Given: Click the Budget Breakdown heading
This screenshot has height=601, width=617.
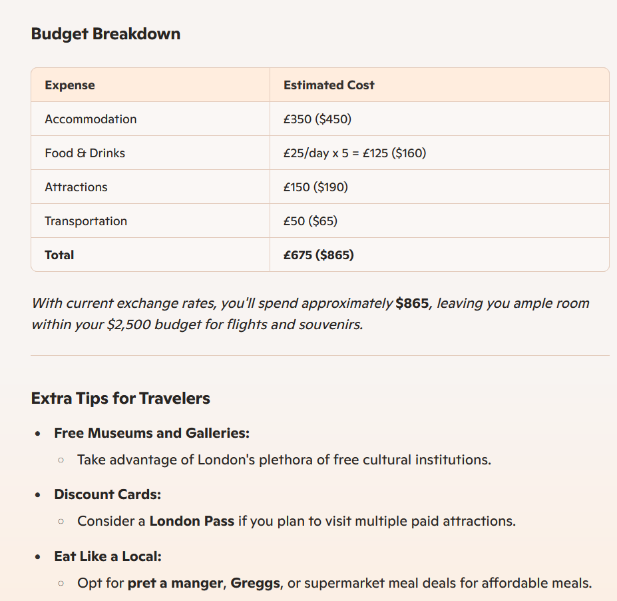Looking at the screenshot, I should click(106, 34).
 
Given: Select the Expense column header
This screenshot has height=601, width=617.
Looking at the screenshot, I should click(70, 85).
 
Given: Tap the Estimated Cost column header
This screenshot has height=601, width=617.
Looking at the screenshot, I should click(329, 85).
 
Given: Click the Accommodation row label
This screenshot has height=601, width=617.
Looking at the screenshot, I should click(91, 119).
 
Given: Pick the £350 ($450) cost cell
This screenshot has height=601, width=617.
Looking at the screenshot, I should click(317, 119).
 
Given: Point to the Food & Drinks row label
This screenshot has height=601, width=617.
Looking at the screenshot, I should click(85, 153).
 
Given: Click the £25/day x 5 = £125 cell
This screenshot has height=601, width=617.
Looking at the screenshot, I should click(355, 153).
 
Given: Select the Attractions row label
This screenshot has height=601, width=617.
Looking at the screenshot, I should click(76, 187).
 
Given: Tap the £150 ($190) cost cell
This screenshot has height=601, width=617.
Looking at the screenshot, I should click(315, 187).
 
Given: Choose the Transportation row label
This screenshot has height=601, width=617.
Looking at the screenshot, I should click(86, 221).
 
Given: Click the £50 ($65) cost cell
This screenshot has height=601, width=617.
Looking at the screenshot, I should click(310, 221).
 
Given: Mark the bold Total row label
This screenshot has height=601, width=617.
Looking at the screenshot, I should click(59, 255).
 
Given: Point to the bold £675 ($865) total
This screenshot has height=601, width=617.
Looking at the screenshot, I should click(319, 255).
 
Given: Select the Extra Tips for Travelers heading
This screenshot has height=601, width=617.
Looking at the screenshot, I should click(120, 398).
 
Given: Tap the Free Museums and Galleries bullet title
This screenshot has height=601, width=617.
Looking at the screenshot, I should click(152, 433).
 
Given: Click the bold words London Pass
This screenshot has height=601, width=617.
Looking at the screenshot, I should click(192, 521).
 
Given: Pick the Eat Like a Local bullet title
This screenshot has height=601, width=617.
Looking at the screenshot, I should click(108, 556).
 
